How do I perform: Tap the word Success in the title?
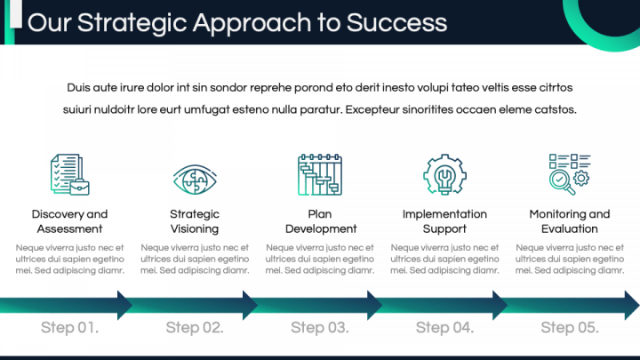(x=396, y=23)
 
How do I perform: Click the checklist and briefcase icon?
(x=70, y=175)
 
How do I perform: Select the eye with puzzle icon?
(x=195, y=180)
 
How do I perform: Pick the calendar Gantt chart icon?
(x=320, y=175)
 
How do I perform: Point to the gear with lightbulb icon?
(x=444, y=174)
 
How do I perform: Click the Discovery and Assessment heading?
(x=70, y=221)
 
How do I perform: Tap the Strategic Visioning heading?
(x=195, y=221)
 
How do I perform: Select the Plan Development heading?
(x=321, y=221)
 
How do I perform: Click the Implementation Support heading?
(x=444, y=221)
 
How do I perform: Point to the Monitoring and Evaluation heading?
(x=570, y=221)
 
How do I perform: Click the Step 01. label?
(x=70, y=327)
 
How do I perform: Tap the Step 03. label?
(x=320, y=327)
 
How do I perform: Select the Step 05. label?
(x=570, y=327)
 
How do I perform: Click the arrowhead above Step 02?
(x=250, y=305)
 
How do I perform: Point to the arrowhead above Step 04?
(x=500, y=305)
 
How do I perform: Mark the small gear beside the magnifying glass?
(x=581, y=179)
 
